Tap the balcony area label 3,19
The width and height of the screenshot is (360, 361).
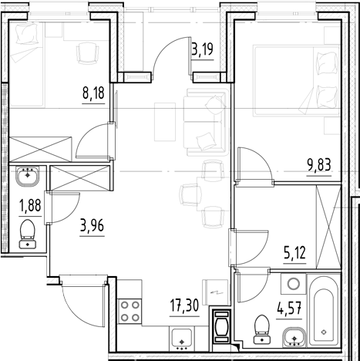tap(202, 52)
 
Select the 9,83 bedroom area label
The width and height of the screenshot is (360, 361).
tap(318, 163)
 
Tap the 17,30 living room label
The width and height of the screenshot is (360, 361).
tap(184, 305)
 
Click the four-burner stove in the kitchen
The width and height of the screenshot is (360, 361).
tap(130, 314)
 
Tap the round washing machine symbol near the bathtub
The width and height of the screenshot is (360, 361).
tap(294, 285)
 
